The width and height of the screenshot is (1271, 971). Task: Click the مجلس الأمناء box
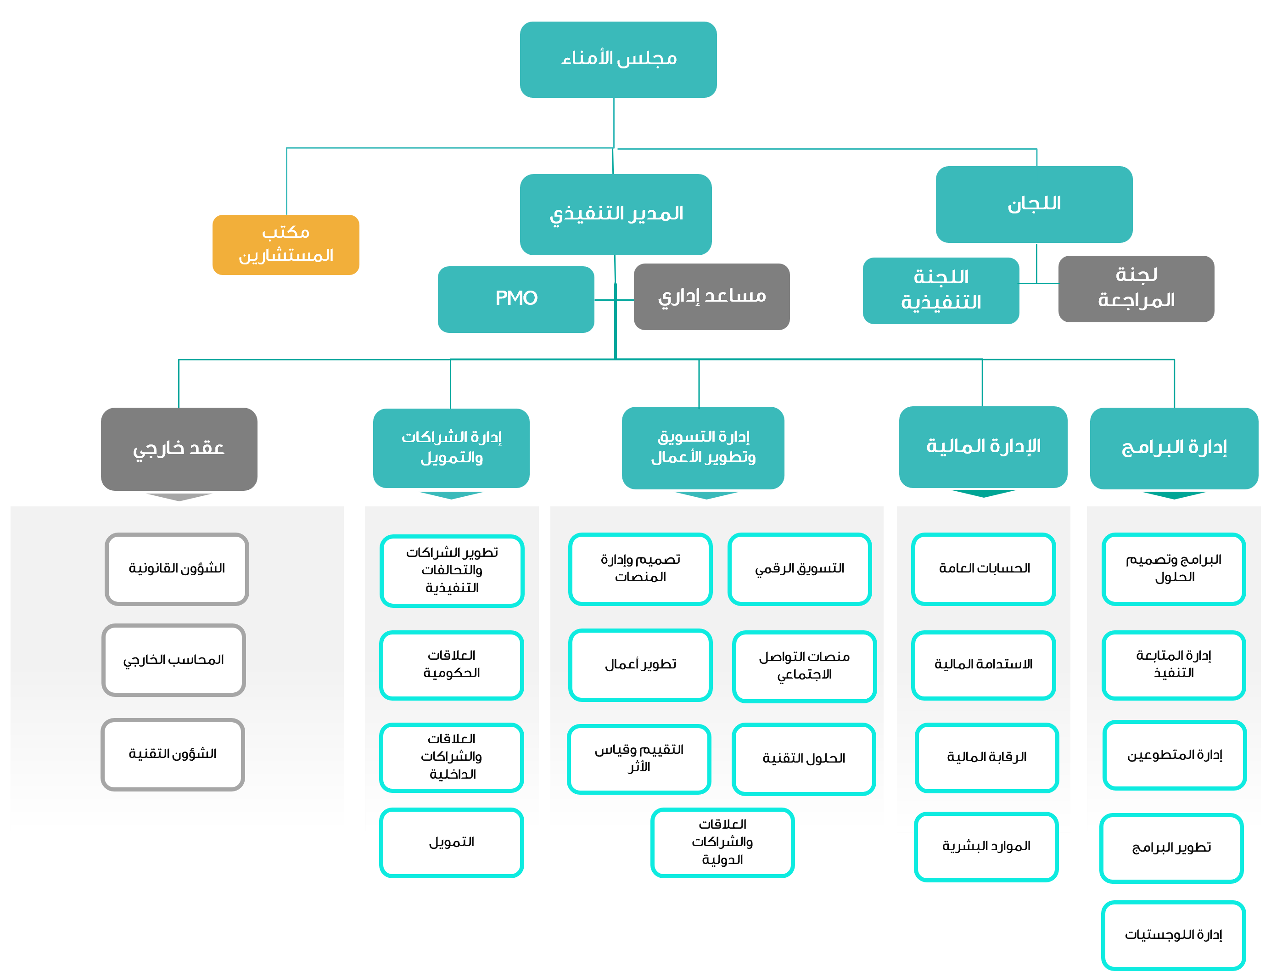618,59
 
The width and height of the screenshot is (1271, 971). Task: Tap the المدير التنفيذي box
616,214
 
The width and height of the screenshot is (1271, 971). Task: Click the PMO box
516,299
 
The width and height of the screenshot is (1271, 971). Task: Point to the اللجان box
1034,204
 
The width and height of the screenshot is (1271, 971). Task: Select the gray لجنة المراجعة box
1136,288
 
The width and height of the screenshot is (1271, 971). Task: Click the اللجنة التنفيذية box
941,290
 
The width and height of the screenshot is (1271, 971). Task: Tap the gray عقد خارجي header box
179,449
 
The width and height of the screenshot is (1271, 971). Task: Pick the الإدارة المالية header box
983,447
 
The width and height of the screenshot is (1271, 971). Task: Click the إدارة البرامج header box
1174,448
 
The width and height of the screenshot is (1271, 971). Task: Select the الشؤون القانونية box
177,569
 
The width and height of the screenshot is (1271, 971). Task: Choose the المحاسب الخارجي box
174,660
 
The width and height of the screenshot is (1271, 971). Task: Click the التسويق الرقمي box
800,569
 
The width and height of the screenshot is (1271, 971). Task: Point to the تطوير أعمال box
640,665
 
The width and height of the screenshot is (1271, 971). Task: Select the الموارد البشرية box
986,847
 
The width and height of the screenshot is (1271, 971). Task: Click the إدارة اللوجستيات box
1173,935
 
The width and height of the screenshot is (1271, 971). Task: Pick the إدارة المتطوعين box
1175,755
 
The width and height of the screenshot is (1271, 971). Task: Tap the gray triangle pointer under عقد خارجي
179,496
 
